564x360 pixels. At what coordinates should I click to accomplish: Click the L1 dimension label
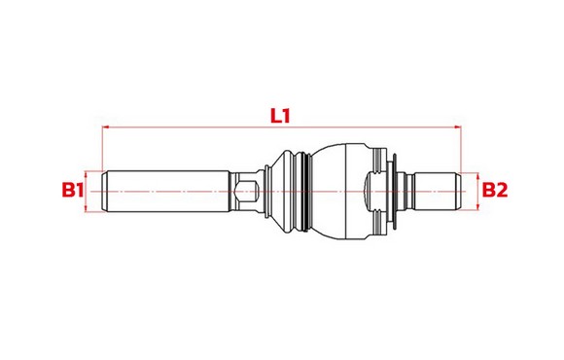(x=280, y=116)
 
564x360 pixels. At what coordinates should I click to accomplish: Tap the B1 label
(x=73, y=190)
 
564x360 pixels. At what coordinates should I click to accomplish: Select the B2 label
(x=495, y=190)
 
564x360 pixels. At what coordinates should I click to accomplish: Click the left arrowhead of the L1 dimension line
(x=105, y=126)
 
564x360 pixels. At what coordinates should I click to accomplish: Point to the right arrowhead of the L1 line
(x=458, y=126)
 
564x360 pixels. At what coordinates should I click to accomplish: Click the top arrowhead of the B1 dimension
(x=86, y=175)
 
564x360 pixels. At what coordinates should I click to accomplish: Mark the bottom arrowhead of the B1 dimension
(x=86, y=207)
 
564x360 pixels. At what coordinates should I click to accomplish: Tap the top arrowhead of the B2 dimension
(x=477, y=177)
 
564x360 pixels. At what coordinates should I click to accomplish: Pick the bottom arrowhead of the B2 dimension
(x=477, y=206)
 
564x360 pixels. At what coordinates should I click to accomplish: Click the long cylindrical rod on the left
(x=166, y=191)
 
